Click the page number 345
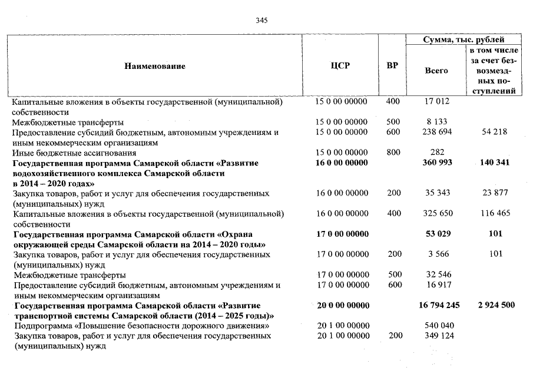(x=262, y=21)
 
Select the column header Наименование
(x=154, y=66)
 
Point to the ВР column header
(x=392, y=66)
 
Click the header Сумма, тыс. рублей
(x=464, y=40)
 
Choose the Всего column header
(x=436, y=71)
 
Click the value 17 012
(x=436, y=102)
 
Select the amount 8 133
(x=436, y=122)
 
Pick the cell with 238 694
(x=436, y=132)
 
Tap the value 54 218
(x=494, y=132)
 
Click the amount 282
(x=436, y=153)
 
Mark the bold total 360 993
(x=436, y=163)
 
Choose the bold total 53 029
(x=436, y=234)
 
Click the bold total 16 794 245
(x=436, y=305)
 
